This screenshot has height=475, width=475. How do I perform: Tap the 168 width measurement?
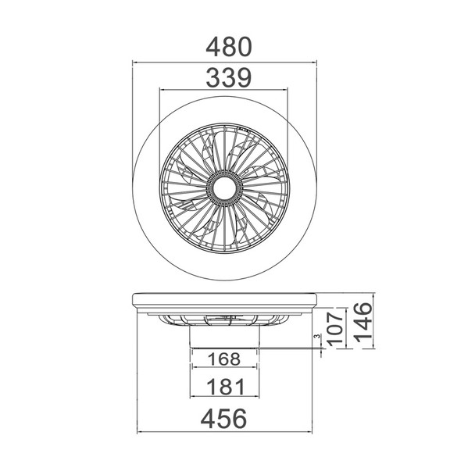coord(224,359)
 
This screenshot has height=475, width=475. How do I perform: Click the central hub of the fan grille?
coord(224,188)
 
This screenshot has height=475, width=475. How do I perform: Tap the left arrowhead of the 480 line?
coord(134,62)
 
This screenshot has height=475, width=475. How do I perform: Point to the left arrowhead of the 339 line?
coord(161,90)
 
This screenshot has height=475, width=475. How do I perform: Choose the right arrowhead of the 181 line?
coord(259,396)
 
